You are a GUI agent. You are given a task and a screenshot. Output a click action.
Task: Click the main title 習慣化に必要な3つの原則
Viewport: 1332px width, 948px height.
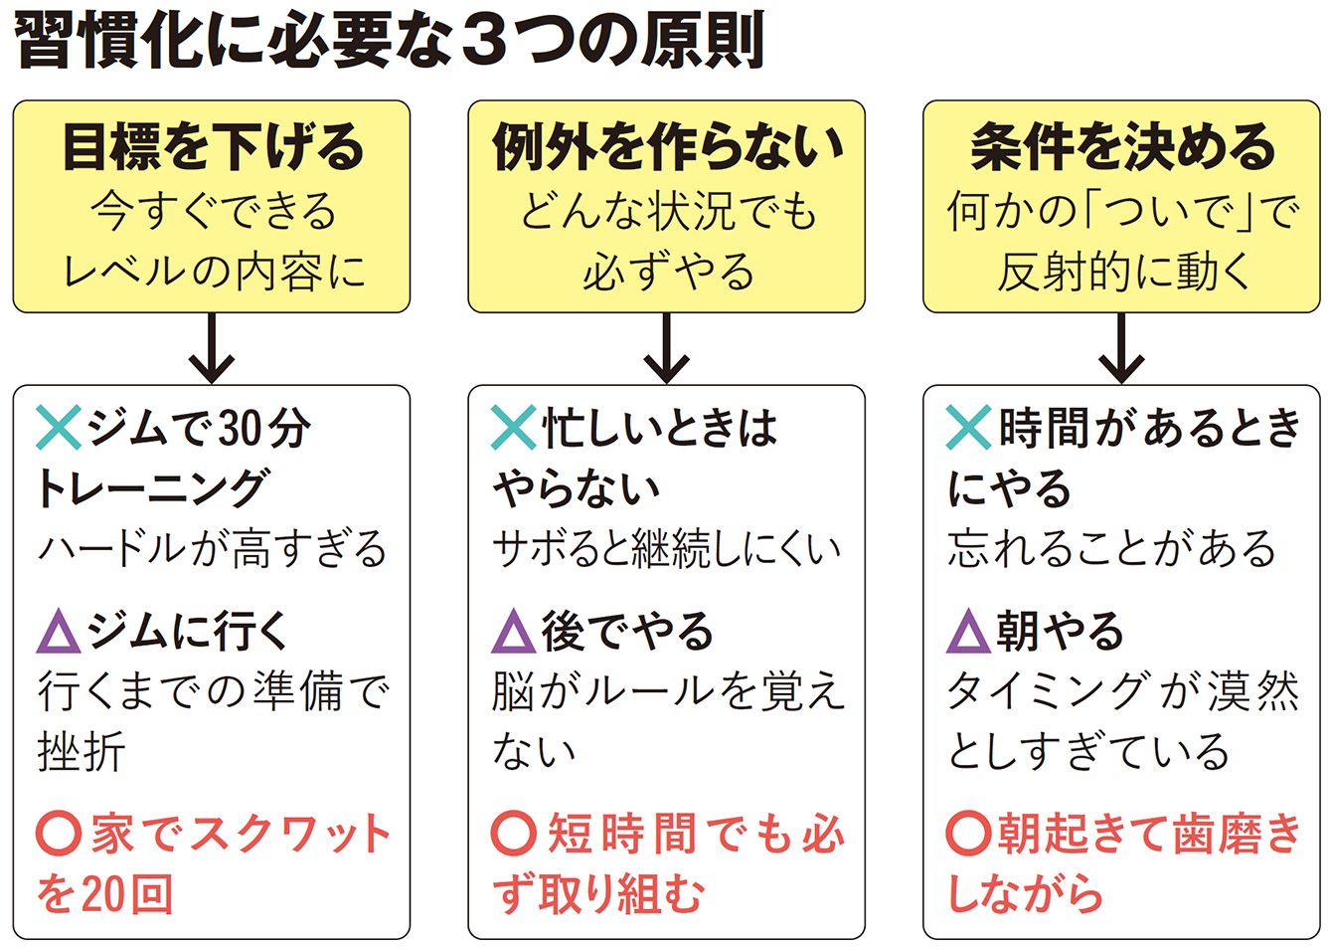[390, 41]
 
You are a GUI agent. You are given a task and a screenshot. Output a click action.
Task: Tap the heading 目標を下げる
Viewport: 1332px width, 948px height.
[213, 146]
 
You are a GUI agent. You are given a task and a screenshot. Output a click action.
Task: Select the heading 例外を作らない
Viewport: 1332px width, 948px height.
[667, 146]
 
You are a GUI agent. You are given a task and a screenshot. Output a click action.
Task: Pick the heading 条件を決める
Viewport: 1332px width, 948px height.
[1121, 146]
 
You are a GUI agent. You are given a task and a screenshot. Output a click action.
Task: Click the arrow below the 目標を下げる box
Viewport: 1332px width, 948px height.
[212, 348]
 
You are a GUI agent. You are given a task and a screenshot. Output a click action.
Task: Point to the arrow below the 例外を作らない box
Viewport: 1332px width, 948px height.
[667, 348]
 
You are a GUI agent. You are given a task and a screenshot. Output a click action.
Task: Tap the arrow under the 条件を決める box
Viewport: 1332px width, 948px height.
[1121, 348]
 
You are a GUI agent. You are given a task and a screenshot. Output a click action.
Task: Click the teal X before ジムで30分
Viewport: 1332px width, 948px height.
[59, 428]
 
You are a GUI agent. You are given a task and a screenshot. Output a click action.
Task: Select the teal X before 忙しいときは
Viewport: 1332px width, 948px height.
[513, 428]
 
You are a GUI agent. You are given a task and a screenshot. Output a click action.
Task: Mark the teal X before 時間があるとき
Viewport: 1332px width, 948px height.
[968, 428]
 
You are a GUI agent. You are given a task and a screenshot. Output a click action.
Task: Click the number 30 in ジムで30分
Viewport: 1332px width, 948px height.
[240, 428]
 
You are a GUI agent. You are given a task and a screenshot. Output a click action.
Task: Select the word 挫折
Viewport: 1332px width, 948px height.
[82, 752]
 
